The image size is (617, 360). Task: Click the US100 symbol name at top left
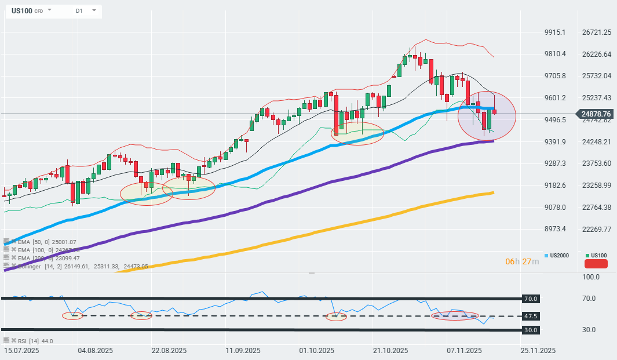tap(22, 11)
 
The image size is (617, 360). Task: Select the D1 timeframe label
tap(79, 11)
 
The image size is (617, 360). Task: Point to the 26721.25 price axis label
tap(597, 32)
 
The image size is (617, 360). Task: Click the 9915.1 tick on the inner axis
tap(555, 32)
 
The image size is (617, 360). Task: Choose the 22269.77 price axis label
tap(597, 229)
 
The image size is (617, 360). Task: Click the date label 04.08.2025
tap(95, 351)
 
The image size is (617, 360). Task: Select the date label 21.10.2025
tap(390, 351)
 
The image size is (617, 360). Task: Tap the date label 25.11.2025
tap(538, 351)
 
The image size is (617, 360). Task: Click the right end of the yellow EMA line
tap(492, 192)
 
